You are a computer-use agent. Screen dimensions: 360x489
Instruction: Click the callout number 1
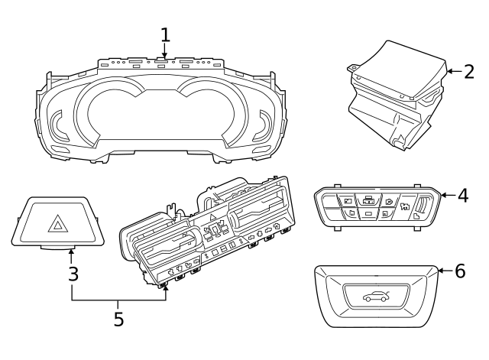(x=166, y=34)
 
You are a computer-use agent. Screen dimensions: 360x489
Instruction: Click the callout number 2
(x=468, y=72)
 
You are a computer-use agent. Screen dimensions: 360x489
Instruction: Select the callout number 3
(x=73, y=273)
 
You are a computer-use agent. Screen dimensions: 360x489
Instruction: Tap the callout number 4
(x=462, y=195)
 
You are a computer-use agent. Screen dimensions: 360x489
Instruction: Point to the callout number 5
(x=118, y=319)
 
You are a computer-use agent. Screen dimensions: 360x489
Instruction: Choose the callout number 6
(x=459, y=271)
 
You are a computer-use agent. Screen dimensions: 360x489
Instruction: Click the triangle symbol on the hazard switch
(x=59, y=224)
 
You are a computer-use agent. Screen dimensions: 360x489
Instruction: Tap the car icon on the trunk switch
(x=377, y=295)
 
